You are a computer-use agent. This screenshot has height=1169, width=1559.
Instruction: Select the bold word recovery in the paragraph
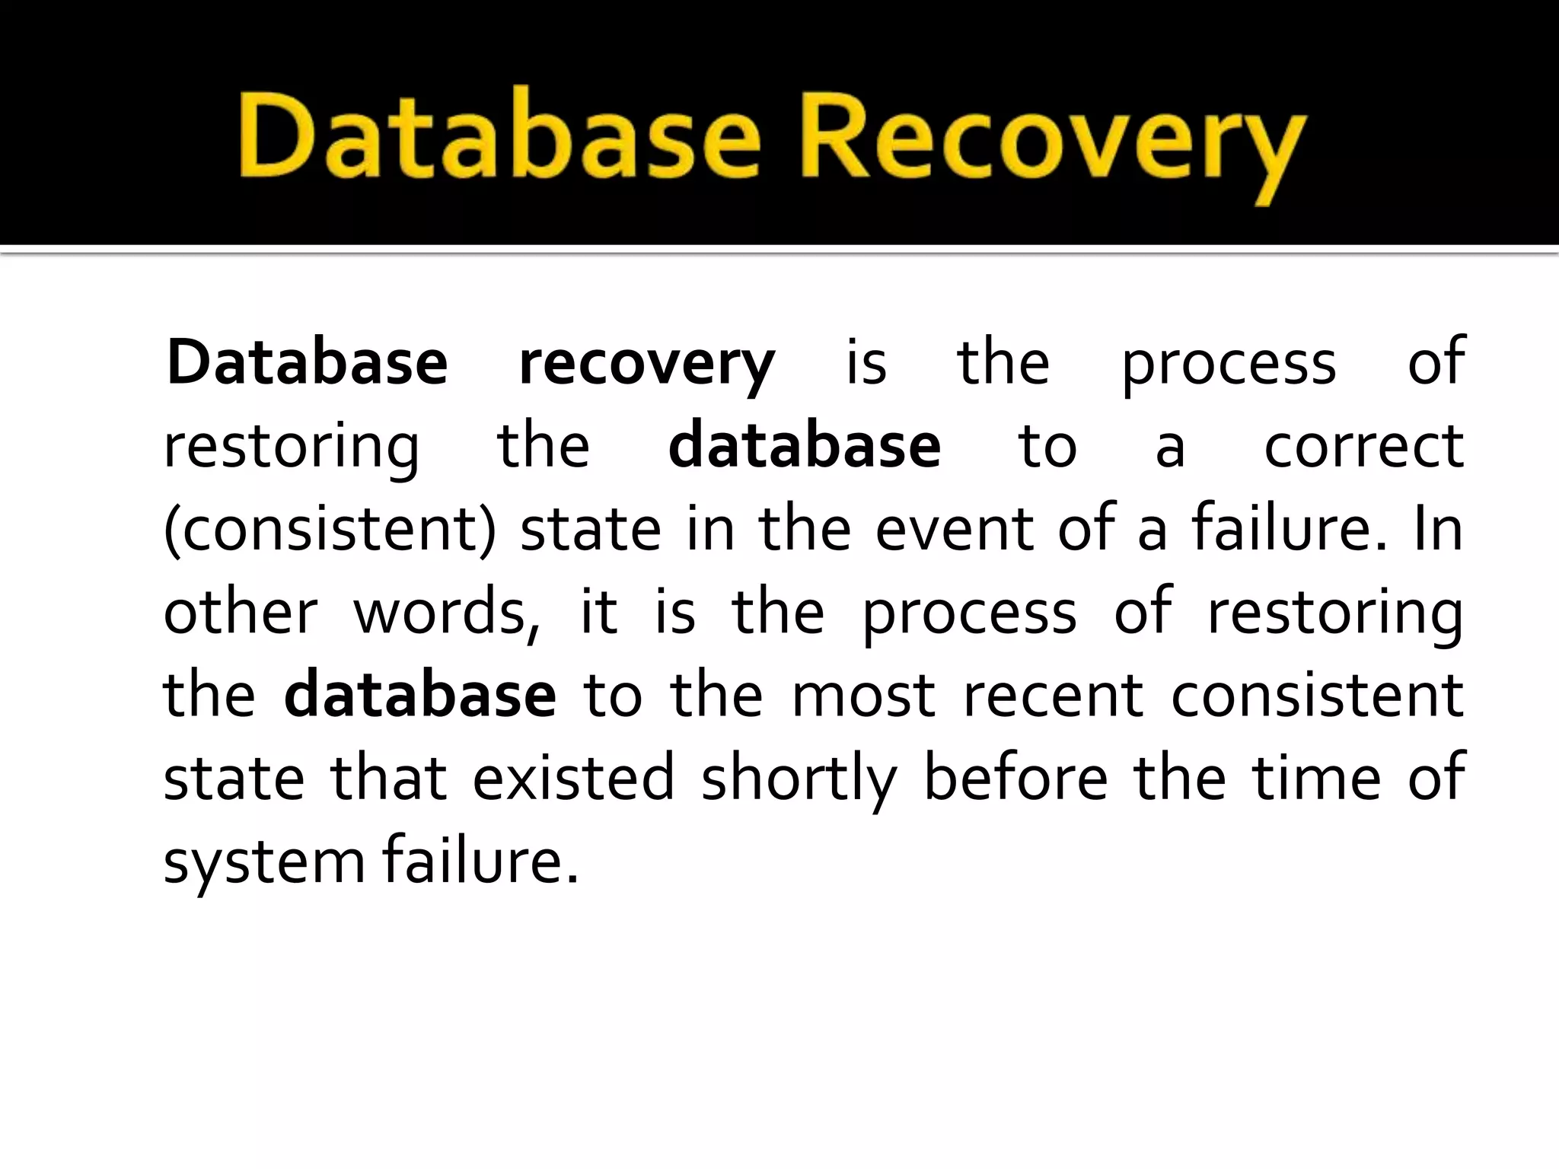pos(646,363)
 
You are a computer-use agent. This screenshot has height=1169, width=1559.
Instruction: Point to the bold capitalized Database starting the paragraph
pos(307,363)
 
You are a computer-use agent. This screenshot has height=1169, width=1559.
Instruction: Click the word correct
pos(1363,447)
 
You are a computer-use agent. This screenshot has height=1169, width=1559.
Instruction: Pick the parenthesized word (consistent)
pos(330,530)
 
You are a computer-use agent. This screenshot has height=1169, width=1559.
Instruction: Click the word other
pos(241,612)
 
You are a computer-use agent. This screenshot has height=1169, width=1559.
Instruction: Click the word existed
pos(574,778)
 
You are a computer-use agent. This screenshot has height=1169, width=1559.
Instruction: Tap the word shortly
pos(799,780)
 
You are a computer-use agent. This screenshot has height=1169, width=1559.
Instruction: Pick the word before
pos(1015,778)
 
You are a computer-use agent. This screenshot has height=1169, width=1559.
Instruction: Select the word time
pos(1316,778)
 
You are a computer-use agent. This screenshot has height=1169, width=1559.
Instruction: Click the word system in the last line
pos(266,863)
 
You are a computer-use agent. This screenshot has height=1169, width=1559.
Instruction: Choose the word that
pos(388,778)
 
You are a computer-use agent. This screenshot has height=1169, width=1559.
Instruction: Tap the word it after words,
pos(598,612)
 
